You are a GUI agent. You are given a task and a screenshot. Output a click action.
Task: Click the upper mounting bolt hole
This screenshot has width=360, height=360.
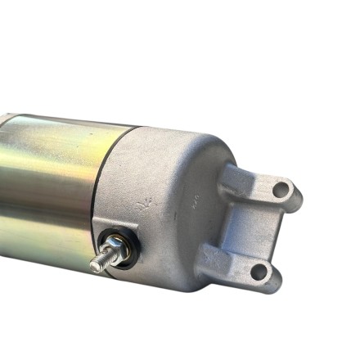point(281,190)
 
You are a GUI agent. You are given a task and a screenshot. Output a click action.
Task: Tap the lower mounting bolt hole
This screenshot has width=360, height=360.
point(259,270)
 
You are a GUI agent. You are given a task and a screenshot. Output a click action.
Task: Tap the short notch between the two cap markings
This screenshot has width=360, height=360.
point(174,200)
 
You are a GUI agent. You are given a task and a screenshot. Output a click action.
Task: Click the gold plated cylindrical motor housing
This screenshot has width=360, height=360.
point(49,188)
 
